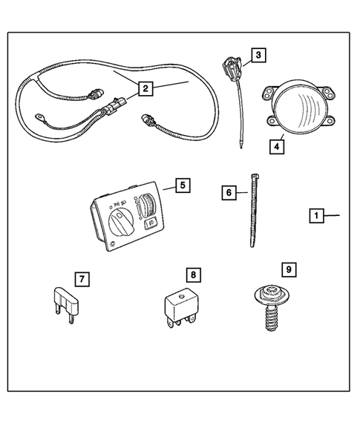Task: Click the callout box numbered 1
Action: (316, 216)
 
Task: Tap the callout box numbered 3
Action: (257, 55)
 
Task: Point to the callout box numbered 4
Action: (275, 146)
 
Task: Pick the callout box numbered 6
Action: (229, 192)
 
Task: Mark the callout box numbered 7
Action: (82, 280)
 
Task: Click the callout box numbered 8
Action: (193, 275)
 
